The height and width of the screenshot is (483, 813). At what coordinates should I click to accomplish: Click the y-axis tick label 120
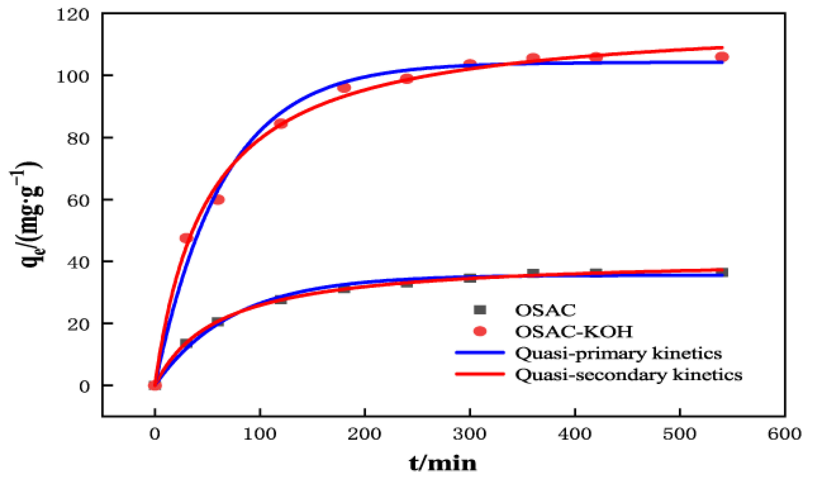click(x=73, y=15)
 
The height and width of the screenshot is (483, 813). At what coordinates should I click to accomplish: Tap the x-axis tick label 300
click(x=469, y=434)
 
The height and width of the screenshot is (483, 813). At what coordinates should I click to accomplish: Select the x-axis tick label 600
click(x=784, y=434)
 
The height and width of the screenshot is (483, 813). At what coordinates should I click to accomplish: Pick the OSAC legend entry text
click(x=545, y=310)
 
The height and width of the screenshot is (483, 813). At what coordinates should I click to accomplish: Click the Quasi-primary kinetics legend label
click(x=618, y=353)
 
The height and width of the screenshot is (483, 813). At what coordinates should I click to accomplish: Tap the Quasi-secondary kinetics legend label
click(x=629, y=375)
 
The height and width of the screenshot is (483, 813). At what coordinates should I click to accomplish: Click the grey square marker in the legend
click(x=480, y=310)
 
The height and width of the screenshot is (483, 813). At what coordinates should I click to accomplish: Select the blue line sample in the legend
click(x=480, y=353)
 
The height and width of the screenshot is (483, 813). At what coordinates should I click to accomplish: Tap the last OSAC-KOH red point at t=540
click(x=722, y=57)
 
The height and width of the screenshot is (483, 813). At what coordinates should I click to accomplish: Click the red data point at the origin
click(x=155, y=385)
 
